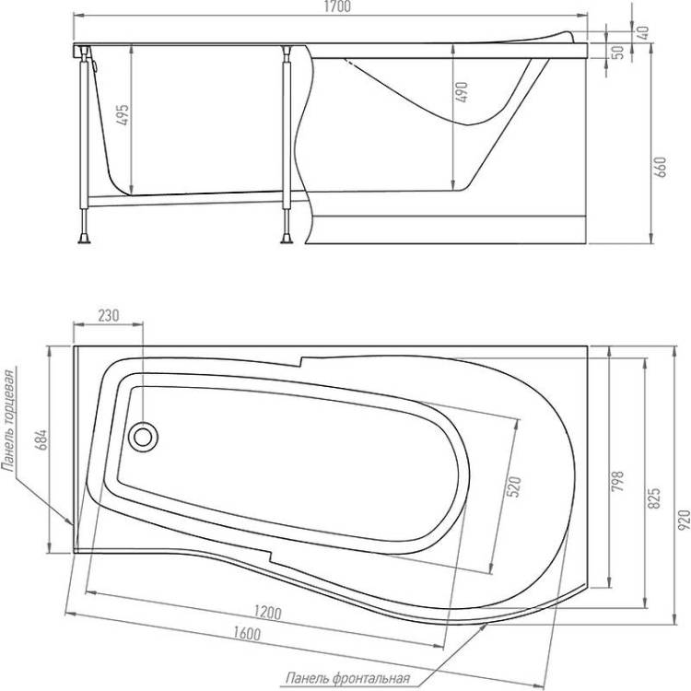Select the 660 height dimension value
[x=662, y=167]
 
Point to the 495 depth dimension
[x=123, y=114]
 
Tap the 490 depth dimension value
[x=462, y=91]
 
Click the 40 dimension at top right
[x=643, y=32]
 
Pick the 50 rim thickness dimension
[x=619, y=52]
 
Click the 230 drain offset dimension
[x=109, y=315]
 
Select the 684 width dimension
[x=41, y=439]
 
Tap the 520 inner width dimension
[x=514, y=486]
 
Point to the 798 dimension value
[x=619, y=481]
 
